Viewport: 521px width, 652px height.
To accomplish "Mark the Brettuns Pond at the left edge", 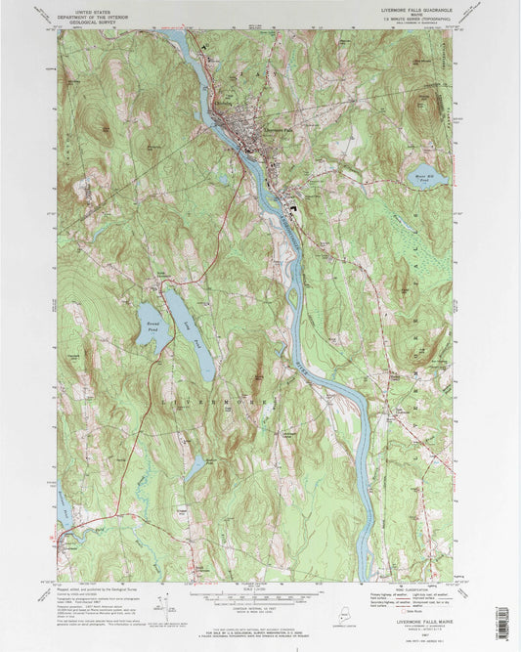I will [x=63, y=507].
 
